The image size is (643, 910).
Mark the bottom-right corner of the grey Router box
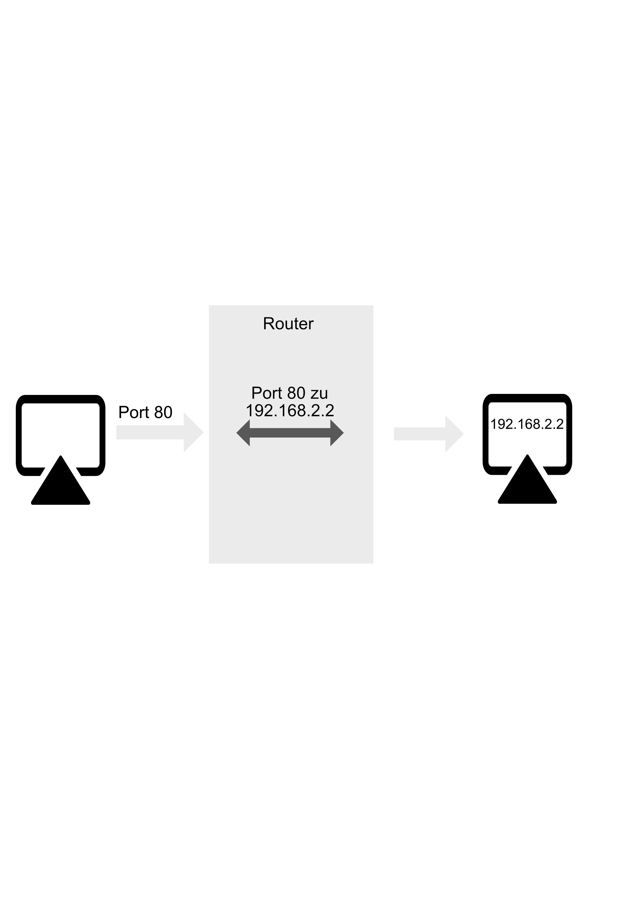click(x=373, y=563)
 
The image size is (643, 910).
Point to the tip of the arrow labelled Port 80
click(x=204, y=432)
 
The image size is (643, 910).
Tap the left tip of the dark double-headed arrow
click(x=236, y=433)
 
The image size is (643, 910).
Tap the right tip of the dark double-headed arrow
click(x=344, y=433)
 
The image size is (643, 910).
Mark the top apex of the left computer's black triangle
click(x=61, y=456)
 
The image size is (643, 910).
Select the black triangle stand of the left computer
click(x=61, y=485)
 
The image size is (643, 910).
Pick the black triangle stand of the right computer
click(x=527, y=485)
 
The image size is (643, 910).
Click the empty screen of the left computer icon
click(x=61, y=428)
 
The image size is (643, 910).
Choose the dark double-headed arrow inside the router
click(x=290, y=433)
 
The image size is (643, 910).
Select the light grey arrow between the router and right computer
click(x=429, y=434)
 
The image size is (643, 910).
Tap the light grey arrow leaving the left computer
click(x=160, y=432)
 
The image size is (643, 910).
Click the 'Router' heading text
click(x=288, y=324)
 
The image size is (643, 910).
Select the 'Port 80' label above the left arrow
click(x=145, y=413)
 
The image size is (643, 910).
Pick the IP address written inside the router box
click(x=290, y=410)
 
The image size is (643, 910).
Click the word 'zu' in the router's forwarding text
click(x=319, y=394)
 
